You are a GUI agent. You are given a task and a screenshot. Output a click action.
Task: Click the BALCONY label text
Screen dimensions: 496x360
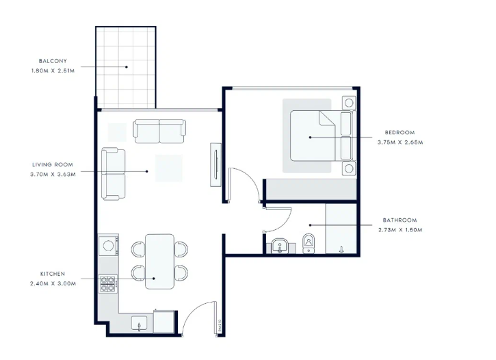[53, 61]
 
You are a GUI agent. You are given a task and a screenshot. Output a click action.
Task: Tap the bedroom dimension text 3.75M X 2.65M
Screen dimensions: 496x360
[400, 142]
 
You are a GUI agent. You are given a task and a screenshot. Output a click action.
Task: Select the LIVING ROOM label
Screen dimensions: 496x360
[53, 164]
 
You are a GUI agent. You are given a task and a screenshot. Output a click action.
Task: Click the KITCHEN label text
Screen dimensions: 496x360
[53, 274]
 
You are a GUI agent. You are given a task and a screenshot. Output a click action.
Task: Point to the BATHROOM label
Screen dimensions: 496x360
[400, 220]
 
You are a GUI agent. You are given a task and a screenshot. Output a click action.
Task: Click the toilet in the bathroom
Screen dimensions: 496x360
[309, 244]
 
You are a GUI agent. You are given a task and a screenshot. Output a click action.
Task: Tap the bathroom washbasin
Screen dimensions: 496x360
[280, 246]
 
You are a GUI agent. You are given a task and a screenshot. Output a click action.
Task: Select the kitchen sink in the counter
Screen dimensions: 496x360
[139, 323]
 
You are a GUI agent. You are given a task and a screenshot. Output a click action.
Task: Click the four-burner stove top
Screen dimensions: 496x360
[108, 284]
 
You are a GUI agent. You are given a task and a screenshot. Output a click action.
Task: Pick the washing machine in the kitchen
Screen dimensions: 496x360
[108, 246]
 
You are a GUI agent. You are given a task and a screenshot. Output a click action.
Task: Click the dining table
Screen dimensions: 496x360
[159, 261]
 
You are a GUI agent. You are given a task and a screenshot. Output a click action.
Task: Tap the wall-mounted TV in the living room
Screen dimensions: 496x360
[216, 165]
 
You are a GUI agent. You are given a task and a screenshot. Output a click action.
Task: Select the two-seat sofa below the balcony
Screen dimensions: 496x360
[159, 131]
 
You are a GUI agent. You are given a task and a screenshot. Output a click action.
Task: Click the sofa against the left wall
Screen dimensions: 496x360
[114, 174]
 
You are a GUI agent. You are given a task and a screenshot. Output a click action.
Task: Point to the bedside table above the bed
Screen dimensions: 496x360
[349, 103]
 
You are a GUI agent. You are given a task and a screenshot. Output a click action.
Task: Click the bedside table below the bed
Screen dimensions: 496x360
[349, 168]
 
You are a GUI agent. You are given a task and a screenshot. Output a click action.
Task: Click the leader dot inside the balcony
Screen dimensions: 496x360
[127, 67]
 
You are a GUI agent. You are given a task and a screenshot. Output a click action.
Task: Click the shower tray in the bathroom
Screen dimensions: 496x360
[341, 229]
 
